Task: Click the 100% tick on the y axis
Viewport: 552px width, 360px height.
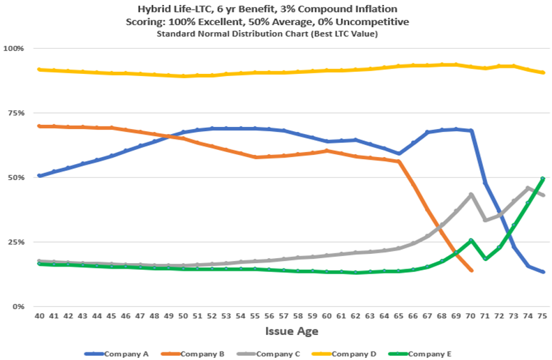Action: tap(15, 48)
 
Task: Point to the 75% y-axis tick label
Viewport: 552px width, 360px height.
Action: tap(16, 113)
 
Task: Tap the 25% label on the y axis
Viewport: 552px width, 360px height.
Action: tap(16, 242)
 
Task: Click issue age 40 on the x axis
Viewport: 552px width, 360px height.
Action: tap(40, 316)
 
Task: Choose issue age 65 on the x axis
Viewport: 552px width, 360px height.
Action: tap(398, 316)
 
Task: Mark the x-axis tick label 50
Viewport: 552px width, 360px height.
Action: tap(184, 316)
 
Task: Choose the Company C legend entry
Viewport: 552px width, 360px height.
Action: tap(273, 354)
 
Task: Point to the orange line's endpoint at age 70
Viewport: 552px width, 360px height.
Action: tap(470, 270)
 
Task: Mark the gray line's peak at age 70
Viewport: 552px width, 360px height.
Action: tap(470, 195)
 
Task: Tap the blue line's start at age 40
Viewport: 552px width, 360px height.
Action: tap(40, 176)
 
